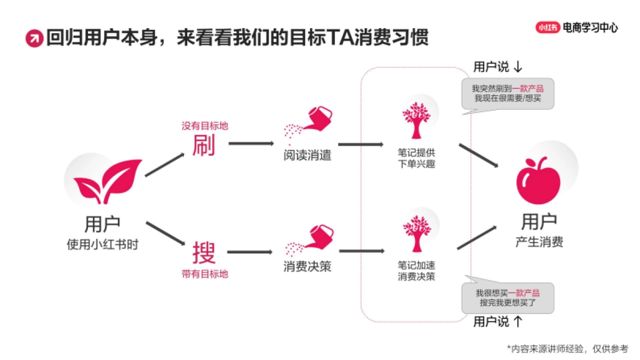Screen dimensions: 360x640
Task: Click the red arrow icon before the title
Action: [34, 38]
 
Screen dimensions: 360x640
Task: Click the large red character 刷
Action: [204, 145]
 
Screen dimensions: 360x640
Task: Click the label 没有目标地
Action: [205, 126]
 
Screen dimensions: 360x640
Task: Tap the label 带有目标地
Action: [205, 274]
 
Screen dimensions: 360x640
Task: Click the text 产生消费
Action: [539, 242]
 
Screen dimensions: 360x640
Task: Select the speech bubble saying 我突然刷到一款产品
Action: [507, 93]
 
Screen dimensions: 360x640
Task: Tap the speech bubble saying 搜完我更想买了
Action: [507, 298]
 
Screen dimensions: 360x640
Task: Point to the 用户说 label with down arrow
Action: [498, 67]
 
